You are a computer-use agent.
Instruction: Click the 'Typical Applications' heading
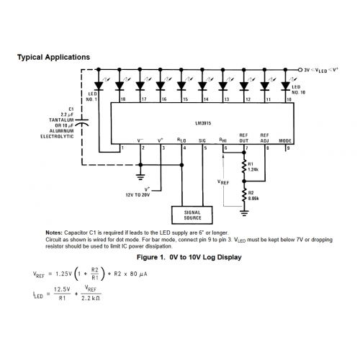pos(53,56)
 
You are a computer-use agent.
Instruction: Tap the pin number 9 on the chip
pos(288,148)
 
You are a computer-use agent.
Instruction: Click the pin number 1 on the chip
pos(122,148)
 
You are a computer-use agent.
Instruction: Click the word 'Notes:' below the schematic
pos(54,233)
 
